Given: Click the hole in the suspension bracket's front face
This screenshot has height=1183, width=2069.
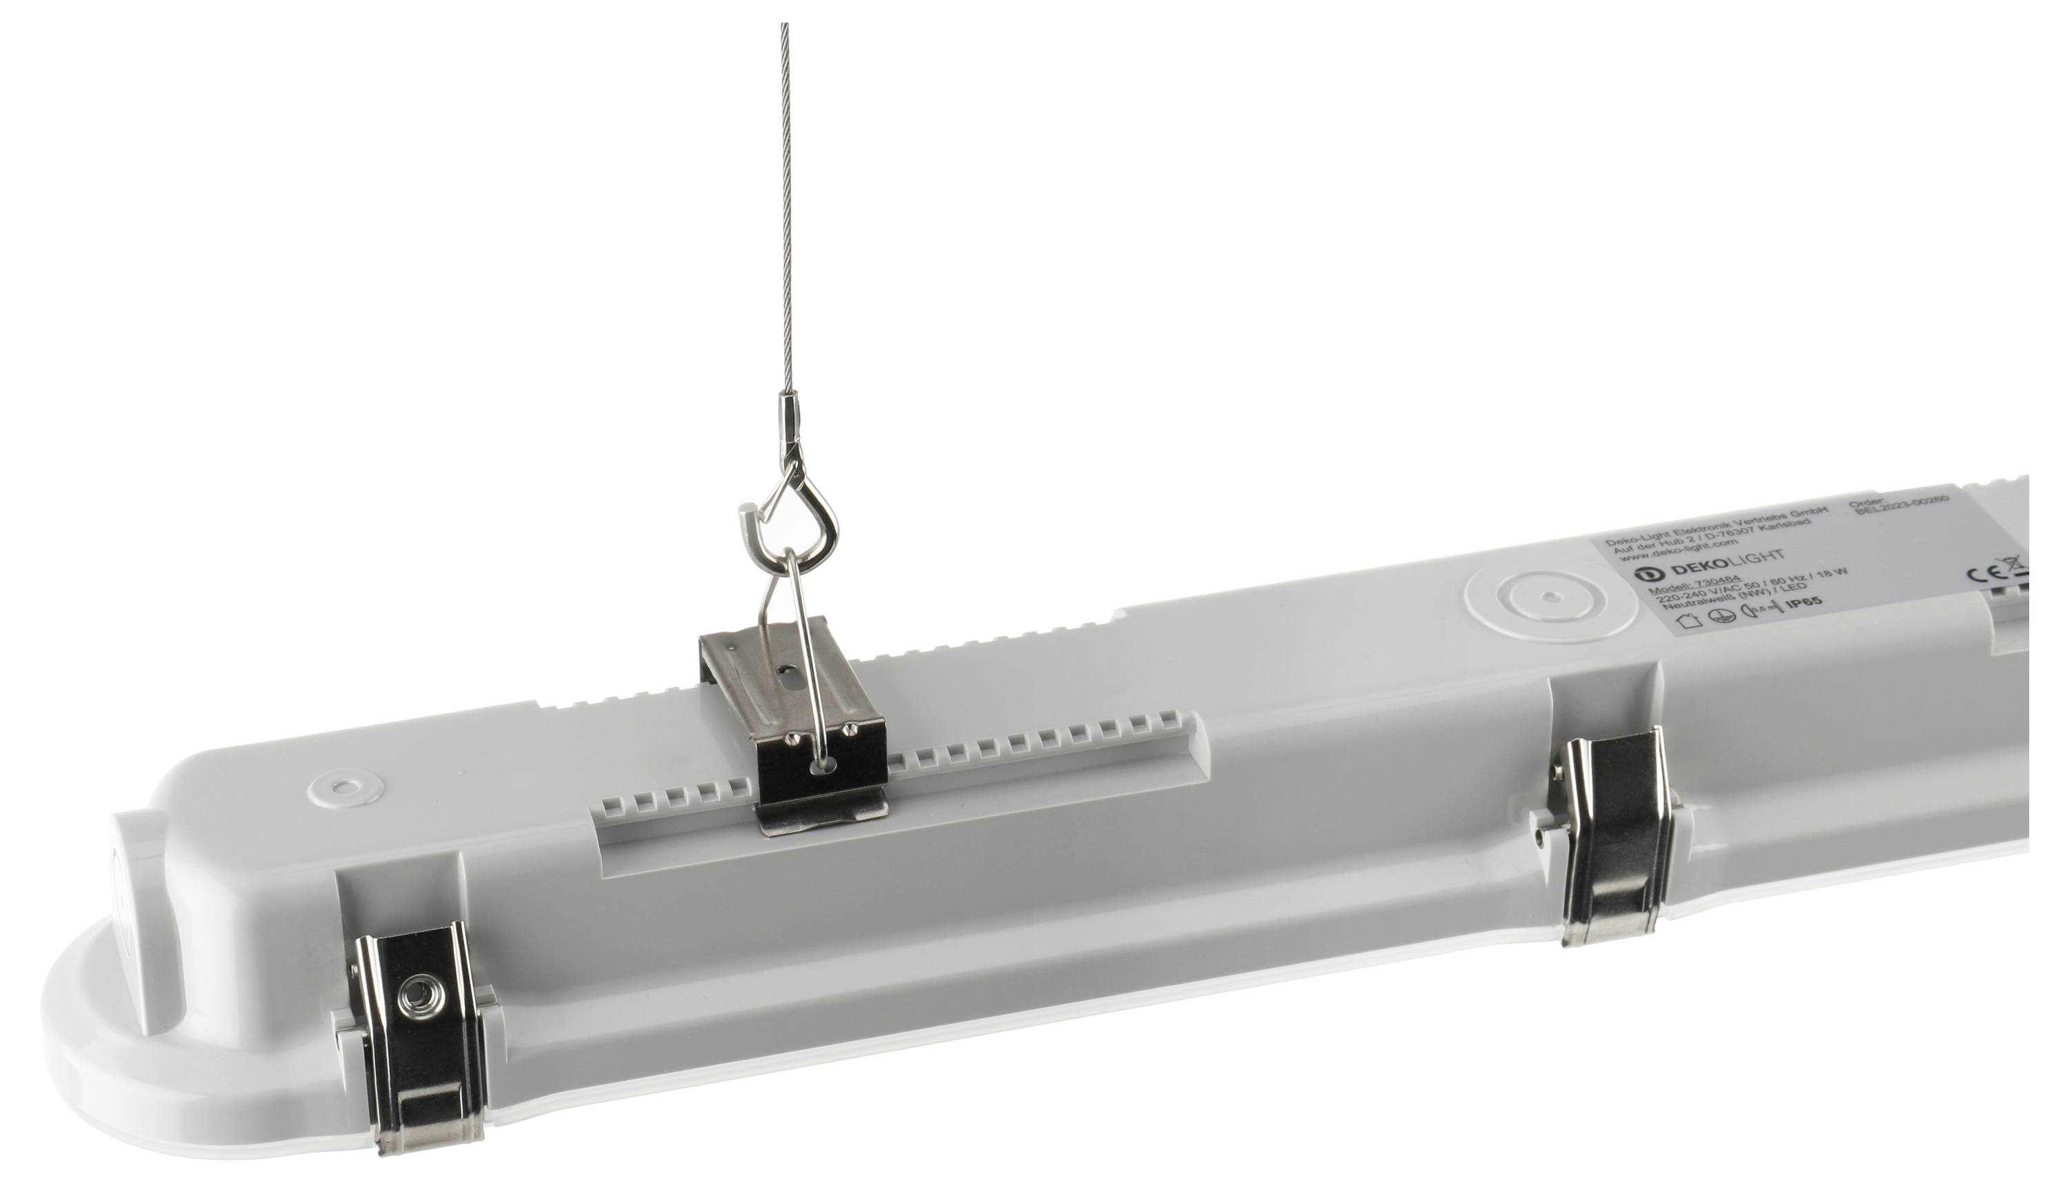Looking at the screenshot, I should click(826, 763).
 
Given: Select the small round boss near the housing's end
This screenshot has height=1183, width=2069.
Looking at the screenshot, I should click(346, 786).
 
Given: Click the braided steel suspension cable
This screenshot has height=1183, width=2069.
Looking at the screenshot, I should click(786, 203).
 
